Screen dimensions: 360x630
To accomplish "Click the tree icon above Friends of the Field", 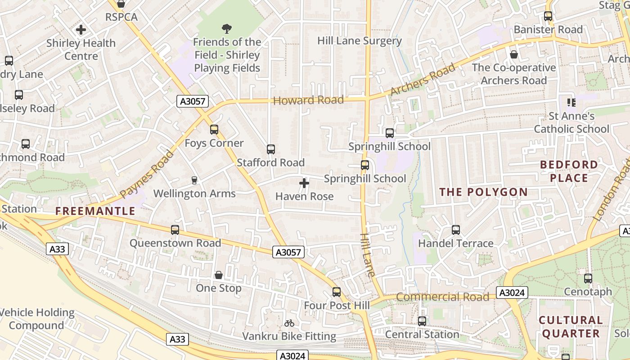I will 227,29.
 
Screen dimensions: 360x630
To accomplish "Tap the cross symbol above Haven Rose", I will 304,183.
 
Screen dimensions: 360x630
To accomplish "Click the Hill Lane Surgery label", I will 359,40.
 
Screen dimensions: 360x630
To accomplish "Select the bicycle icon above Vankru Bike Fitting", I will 289,323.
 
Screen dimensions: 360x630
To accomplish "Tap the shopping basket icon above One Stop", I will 219,275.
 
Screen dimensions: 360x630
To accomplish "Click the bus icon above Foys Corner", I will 214,130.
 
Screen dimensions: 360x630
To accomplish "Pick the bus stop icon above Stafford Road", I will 270,149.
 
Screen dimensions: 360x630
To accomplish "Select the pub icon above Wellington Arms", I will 194,180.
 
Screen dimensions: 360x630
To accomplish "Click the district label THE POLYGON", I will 483,192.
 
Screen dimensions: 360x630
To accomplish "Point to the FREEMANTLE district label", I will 95,211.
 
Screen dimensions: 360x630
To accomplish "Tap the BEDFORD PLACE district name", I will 569,171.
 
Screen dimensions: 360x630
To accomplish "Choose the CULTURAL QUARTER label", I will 571,327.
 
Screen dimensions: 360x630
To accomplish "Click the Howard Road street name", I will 308,100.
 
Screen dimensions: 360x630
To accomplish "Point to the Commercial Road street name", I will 442,297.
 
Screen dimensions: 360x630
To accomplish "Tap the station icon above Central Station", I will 422,321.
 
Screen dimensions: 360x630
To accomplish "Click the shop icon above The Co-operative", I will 513,54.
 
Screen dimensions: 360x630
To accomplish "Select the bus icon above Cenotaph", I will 588,279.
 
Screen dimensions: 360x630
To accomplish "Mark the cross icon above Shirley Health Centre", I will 81,30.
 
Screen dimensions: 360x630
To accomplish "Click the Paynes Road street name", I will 147,175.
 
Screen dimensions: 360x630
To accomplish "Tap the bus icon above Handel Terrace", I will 455,230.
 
